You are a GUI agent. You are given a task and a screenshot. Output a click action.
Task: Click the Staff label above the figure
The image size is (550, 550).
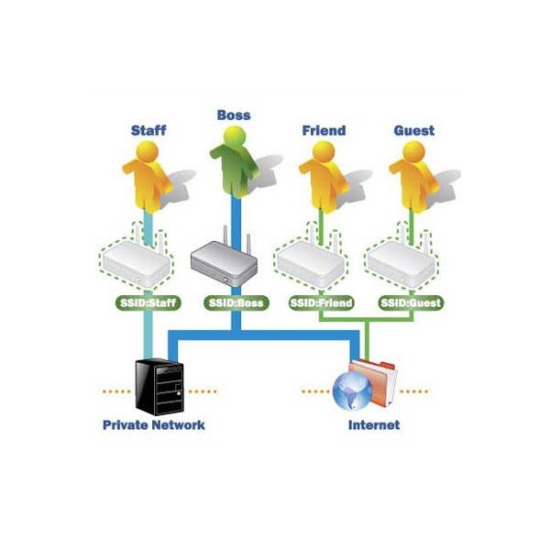coord(148,130)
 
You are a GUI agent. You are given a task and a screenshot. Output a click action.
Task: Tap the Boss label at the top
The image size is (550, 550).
coord(234,115)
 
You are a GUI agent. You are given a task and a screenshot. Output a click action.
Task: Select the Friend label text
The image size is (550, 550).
coord(324,130)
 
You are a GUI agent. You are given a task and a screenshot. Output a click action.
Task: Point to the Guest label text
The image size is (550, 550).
coord(414,130)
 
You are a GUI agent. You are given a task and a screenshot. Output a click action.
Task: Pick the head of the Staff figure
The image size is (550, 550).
coord(148,151)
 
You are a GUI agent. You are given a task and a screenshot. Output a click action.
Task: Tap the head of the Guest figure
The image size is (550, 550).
coord(414,151)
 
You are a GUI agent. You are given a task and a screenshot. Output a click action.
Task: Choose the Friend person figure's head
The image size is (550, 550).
coord(324,151)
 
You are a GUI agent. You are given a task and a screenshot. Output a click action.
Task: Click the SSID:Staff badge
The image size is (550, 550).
coord(148,302)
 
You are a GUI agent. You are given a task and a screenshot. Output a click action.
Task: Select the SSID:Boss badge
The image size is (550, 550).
coord(236,302)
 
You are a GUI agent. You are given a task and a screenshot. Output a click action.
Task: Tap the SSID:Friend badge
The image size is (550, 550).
coord(322,302)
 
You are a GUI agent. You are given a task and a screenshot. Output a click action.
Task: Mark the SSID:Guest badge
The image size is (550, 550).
coord(411,302)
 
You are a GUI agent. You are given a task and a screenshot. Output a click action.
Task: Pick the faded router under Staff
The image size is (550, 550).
coord(136,261)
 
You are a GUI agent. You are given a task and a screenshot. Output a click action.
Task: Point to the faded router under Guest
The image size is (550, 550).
coord(401,261)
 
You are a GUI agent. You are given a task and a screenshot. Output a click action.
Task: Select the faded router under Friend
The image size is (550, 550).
coord(311,261)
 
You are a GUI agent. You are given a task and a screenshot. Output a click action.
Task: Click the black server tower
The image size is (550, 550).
coord(159,387)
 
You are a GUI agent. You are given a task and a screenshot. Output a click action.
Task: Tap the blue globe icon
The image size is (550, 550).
coord(352,391)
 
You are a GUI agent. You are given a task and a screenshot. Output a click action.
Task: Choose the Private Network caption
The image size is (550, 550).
coord(154,425)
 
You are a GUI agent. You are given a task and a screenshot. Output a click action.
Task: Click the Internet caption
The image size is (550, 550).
coord(374,425)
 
